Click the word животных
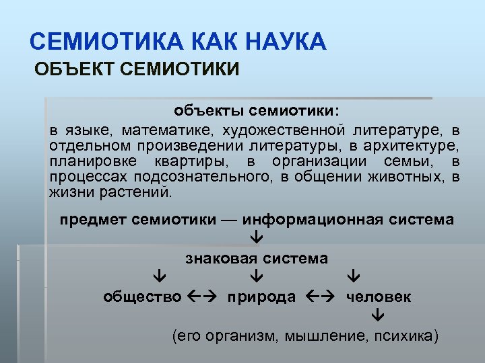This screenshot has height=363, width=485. click(x=411, y=177)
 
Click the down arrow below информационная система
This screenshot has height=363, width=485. click(x=257, y=238)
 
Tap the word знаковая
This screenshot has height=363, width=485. click(x=222, y=258)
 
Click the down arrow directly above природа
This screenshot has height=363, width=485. click(x=257, y=277)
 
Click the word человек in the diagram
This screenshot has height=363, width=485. click(x=379, y=296)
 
